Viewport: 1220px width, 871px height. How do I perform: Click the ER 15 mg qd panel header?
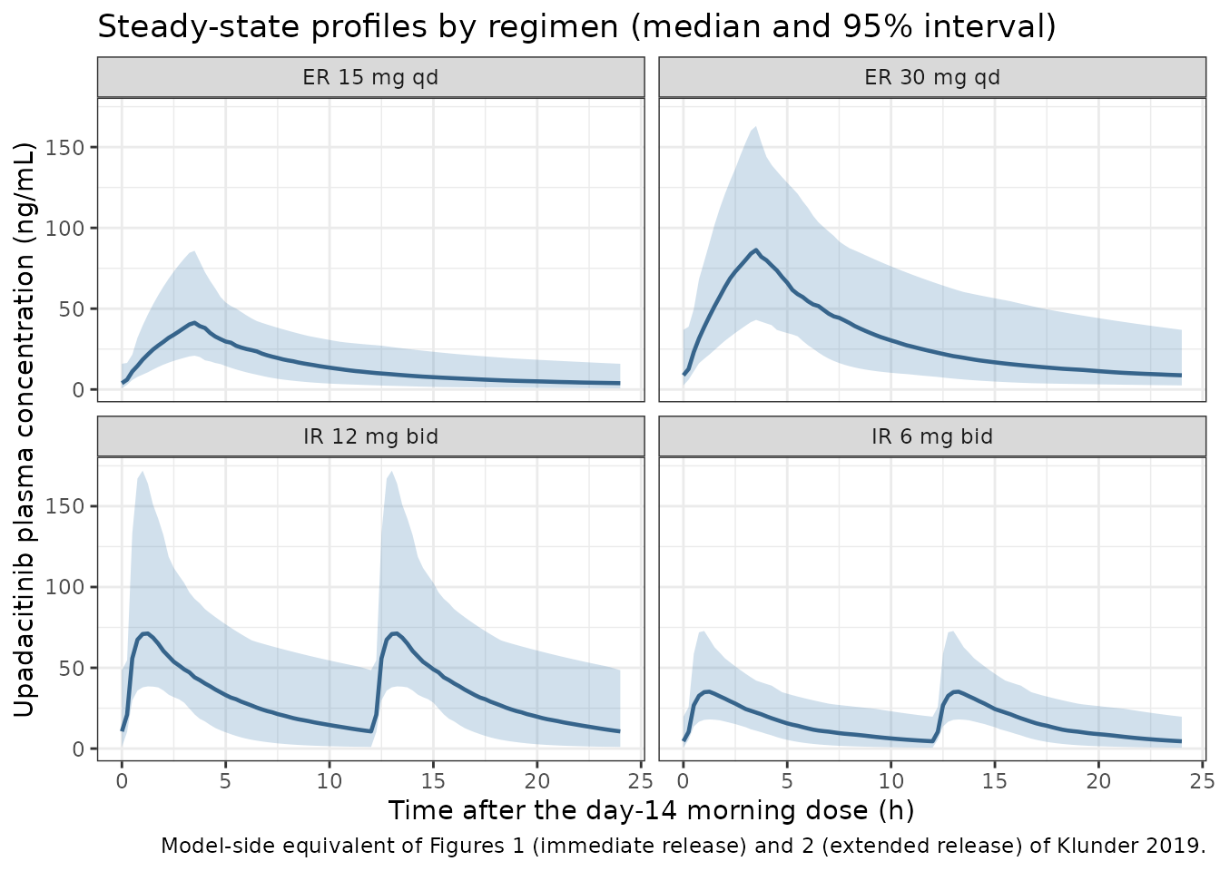pos(370,77)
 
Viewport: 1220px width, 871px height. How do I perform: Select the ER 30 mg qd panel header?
pos(932,77)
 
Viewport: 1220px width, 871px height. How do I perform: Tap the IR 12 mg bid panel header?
pos(370,436)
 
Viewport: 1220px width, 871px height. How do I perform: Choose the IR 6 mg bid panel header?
pos(932,436)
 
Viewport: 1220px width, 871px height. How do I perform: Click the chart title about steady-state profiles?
pos(576,26)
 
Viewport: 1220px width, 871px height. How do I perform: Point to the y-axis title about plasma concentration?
pos(24,430)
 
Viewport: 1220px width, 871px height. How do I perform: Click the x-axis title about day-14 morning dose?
pos(652,810)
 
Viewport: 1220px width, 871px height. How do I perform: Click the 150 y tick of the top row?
pos(64,148)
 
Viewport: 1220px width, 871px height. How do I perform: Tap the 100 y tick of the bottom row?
pos(64,587)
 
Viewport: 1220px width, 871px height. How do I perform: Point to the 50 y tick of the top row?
pos(71,309)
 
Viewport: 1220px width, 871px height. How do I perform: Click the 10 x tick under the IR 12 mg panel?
pos(329,781)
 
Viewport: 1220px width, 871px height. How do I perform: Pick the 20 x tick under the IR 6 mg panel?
pos(1098,781)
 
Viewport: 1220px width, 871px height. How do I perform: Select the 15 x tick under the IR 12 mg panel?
pos(433,781)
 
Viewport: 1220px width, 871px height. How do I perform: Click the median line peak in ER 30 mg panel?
pos(755,250)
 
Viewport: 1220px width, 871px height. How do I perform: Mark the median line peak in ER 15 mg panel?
pos(194,323)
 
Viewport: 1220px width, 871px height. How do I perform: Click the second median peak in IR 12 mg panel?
pos(394,633)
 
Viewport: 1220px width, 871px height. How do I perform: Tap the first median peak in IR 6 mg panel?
pos(706,692)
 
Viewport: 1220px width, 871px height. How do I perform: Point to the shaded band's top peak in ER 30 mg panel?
pos(755,127)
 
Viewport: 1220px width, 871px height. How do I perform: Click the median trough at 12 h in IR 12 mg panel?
pos(371,731)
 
